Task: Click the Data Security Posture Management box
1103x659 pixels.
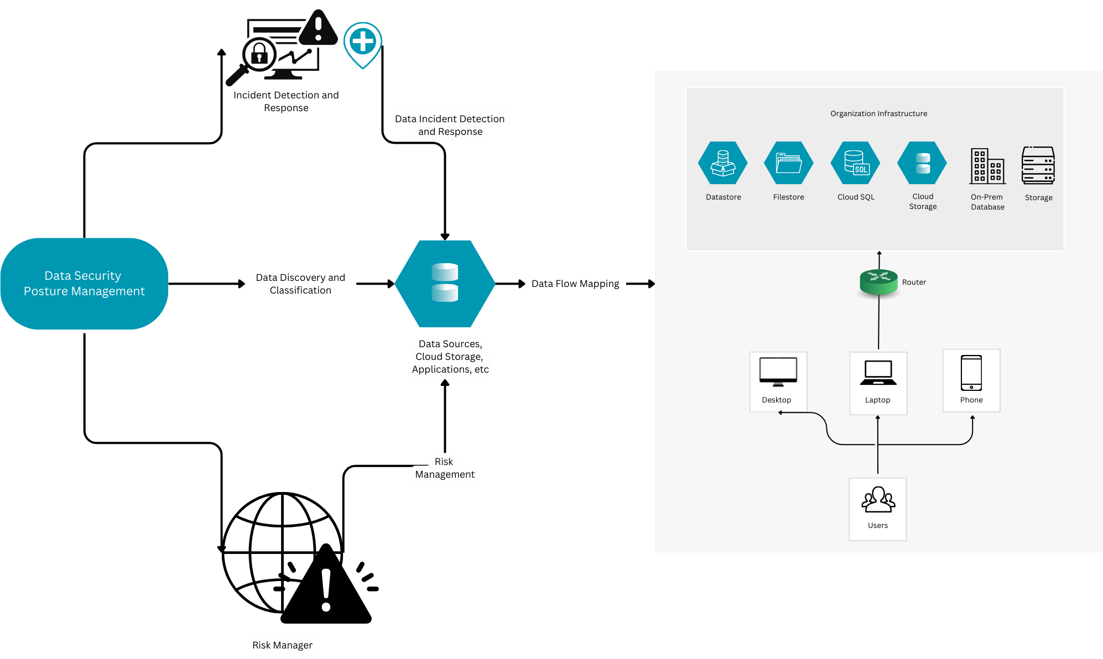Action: (84, 284)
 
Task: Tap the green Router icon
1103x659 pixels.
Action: (878, 281)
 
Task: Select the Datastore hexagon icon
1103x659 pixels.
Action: (722, 163)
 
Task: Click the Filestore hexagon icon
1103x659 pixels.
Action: (788, 163)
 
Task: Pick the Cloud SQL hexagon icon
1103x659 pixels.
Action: (855, 163)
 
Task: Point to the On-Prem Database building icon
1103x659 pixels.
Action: (987, 165)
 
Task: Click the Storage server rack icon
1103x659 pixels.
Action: (1038, 165)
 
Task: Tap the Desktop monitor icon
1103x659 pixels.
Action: (778, 372)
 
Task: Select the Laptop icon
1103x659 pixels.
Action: (878, 373)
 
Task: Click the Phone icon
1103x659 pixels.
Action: (971, 373)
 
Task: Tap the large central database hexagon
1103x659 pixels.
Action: (445, 283)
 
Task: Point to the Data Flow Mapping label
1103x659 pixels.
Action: (575, 284)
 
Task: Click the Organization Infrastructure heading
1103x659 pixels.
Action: (878, 113)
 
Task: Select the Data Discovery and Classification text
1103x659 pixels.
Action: (300, 284)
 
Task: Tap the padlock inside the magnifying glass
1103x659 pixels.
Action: (259, 54)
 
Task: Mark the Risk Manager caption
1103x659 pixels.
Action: (282, 645)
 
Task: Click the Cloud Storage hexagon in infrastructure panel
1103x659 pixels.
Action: (922, 163)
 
